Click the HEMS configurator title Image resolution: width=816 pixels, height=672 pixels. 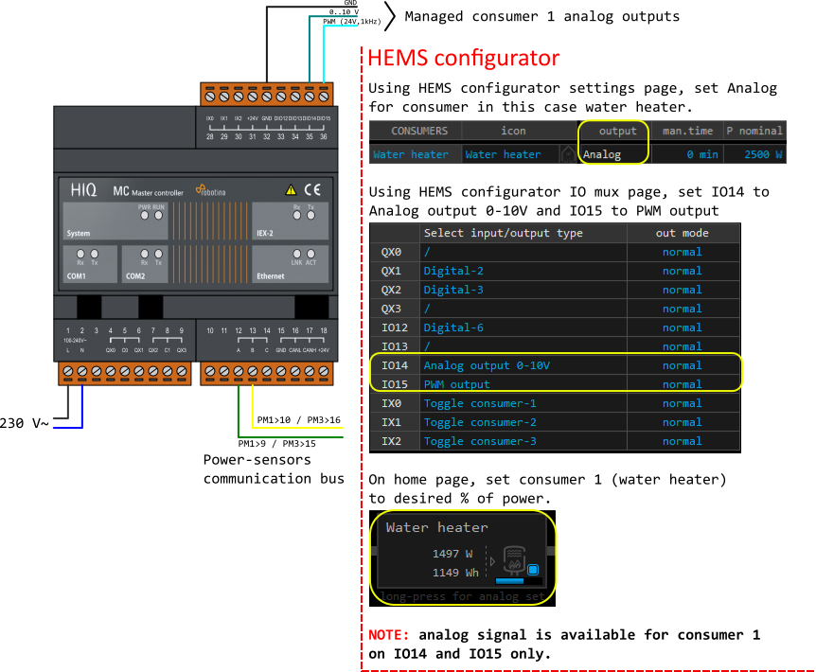coord(463,59)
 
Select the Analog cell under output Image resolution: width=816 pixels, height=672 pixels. coord(602,154)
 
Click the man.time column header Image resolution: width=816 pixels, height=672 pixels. coord(687,131)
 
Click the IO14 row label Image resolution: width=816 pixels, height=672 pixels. coord(394,365)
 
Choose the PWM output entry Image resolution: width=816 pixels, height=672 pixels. coord(457,384)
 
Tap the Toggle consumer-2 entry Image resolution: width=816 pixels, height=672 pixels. coord(480,422)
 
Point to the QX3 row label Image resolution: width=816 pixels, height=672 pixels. coord(391,309)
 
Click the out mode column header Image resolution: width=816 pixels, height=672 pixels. coord(682,233)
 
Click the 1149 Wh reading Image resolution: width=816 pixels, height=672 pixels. coord(455,573)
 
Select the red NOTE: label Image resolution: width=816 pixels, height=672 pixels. coord(388,634)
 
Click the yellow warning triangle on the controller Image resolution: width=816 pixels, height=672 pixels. coord(291,188)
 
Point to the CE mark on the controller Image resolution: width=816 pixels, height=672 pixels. coord(311,188)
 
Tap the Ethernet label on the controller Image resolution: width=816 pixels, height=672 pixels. coord(271,276)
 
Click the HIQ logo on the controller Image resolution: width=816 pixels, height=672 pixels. coord(83,189)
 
